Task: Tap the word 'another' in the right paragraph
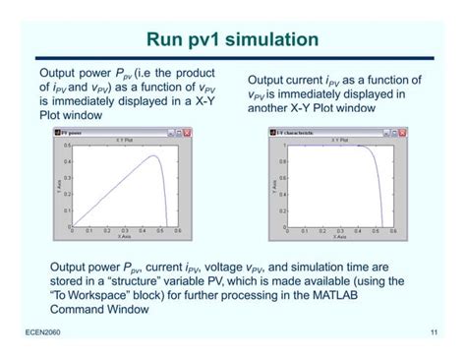coord(279,108)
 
